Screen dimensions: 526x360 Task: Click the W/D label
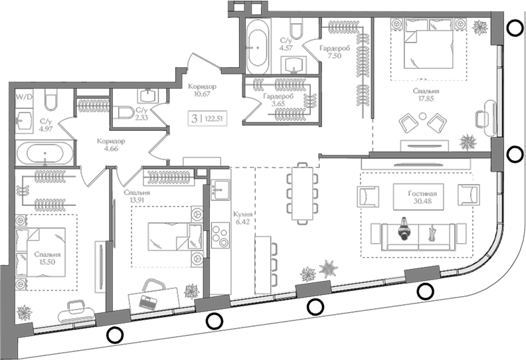click(x=24, y=97)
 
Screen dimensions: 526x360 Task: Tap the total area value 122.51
click(x=213, y=118)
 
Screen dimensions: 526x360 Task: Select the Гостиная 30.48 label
click(x=422, y=197)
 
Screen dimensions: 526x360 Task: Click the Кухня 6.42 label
click(x=243, y=218)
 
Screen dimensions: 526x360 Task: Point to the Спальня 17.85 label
click(x=426, y=94)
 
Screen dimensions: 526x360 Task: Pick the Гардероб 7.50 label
click(x=335, y=52)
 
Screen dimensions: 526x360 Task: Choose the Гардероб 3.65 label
click(x=278, y=100)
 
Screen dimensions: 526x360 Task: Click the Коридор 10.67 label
click(x=202, y=90)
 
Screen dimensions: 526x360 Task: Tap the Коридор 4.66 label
click(x=111, y=145)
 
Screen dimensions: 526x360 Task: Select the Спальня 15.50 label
click(x=47, y=258)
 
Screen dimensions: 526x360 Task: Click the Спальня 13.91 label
click(x=137, y=196)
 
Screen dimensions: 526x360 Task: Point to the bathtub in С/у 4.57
click(x=257, y=47)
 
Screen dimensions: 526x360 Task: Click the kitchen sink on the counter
click(x=220, y=190)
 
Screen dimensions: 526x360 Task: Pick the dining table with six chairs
click(x=302, y=193)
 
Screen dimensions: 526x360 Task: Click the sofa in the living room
click(x=418, y=237)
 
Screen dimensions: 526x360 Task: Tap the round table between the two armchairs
click(x=422, y=116)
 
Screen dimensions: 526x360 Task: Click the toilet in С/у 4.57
click(x=296, y=28)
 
